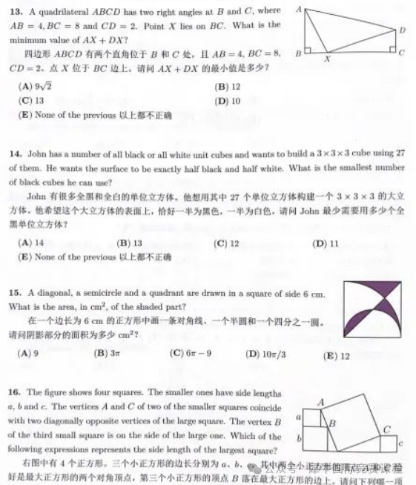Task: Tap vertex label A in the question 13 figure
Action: point(297,10)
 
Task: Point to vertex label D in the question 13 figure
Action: point(402,30)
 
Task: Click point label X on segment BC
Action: point(327,59)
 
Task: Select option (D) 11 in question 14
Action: point(326,243)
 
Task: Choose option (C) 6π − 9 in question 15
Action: point(191,353)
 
